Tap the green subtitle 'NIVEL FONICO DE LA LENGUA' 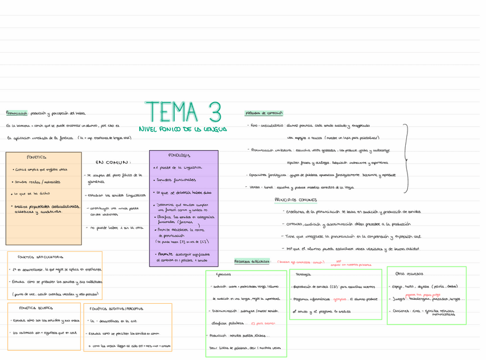[183, 130]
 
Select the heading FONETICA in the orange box [36, 156]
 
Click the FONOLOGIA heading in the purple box [179, 155]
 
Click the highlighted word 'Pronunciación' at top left [17, 114]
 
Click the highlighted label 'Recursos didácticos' [252, 261]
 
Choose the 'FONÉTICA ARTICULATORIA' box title [41, 257]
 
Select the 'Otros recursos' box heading [407, 273]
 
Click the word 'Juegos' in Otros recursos [397, 299]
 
